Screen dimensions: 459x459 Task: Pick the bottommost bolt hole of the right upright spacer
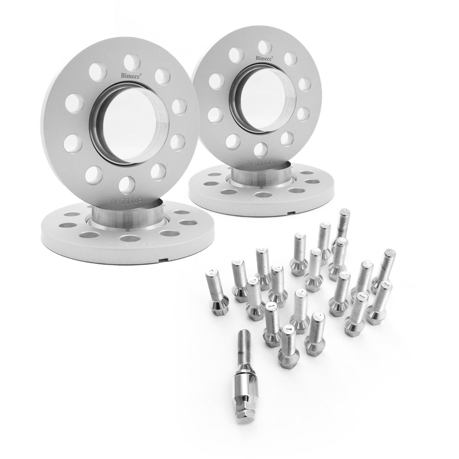click(260, 148)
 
